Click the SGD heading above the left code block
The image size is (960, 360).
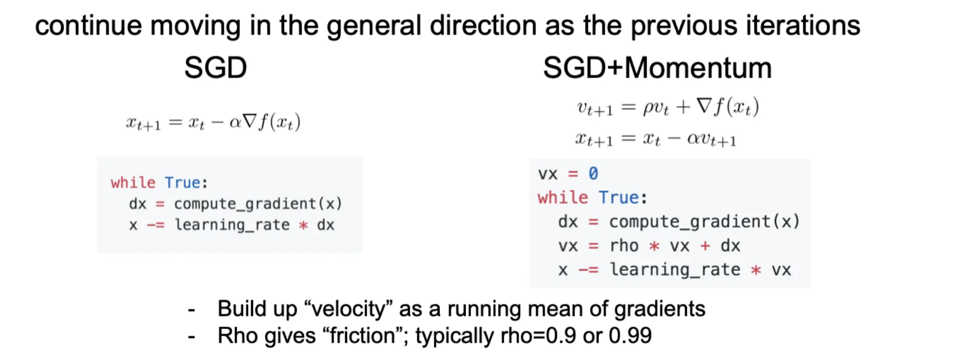pos(216,68)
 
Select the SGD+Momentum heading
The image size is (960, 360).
pos(657,68)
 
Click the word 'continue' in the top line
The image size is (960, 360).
pos(88,26)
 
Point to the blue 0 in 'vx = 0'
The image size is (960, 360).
pos(593,174)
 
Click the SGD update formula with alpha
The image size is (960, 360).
pos(213,123)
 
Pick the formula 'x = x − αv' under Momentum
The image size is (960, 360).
pos(656,140)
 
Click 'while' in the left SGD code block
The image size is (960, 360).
pos(133,183)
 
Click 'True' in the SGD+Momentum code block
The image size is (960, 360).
pos(619,198)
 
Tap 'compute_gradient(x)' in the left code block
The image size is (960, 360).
pos(258,204)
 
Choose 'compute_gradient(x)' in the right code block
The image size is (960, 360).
pos(705,222)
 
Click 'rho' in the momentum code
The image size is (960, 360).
pos(624,246)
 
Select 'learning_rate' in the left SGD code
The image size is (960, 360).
pos(232,225)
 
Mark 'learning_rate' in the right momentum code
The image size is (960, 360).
pos(675,270)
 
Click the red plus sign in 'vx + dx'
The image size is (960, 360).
pos(705,246)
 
